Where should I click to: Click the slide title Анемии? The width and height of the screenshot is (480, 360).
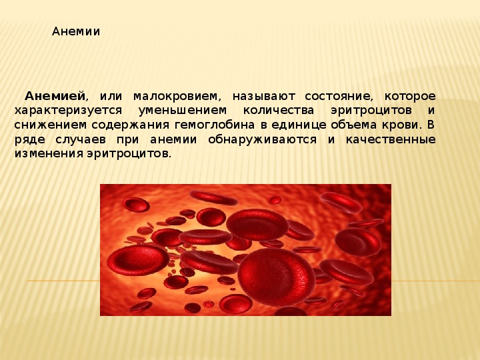point(76,31)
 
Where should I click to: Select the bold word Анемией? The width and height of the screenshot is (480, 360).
point(55,96)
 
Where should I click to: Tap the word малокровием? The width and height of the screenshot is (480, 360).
point(177,97)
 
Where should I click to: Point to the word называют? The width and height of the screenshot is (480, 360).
point(264,97)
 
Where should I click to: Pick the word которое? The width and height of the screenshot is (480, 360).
point(410,96)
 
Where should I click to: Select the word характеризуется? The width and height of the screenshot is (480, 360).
point(68,111)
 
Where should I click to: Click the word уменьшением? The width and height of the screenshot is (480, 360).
point(183,111)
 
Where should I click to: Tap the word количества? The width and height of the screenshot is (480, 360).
point(279,111)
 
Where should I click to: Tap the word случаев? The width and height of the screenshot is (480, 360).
point(81,139)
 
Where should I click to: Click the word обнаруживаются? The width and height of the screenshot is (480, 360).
point(263,140)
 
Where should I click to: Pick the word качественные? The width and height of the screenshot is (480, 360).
point(391,139)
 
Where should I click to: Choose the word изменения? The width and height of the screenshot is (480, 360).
point(49,154)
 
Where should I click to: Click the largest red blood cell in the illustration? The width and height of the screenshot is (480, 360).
point(277,277)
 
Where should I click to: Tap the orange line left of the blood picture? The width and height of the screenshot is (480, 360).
point(63,281)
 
